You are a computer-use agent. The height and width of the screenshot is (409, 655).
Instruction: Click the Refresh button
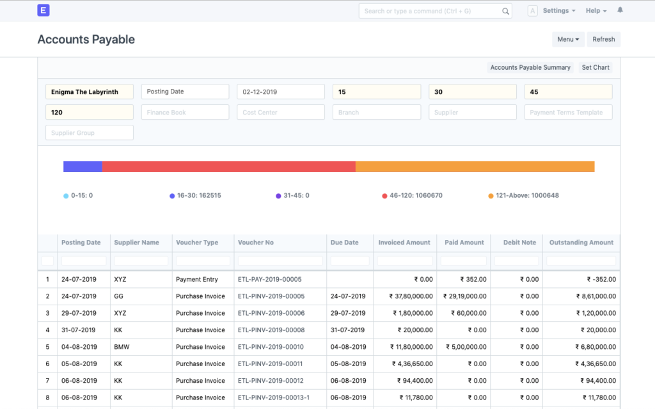click(603, 40)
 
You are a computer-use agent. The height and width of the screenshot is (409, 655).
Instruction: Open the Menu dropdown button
click(568, 40)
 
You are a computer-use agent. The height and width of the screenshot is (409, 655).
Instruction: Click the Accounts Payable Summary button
click(530, 67)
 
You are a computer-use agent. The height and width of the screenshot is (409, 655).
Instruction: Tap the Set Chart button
click(596, 67)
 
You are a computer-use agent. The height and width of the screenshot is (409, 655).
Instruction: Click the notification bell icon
click(620, 11)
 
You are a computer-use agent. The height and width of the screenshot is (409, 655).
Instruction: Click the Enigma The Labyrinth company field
click(90, 92)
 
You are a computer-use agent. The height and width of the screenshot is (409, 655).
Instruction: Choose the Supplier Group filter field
click(90, 133)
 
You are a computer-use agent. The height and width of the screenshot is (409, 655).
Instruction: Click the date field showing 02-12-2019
click(281, 92)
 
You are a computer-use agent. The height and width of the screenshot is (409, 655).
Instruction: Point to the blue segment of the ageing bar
click(83, 166)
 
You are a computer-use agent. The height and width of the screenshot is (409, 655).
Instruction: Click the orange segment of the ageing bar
click(475, 166)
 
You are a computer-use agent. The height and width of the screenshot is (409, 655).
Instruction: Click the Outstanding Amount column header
click(581, 243)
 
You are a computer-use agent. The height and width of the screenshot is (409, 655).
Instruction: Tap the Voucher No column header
click(256, 243)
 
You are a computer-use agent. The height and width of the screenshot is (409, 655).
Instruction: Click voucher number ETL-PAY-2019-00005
click(269, 280)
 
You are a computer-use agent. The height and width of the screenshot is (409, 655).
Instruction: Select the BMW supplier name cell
click(122, 347)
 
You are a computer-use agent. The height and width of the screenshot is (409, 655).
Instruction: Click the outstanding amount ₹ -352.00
click(601, 280)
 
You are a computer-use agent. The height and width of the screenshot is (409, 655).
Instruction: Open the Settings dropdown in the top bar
click(558, 11)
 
